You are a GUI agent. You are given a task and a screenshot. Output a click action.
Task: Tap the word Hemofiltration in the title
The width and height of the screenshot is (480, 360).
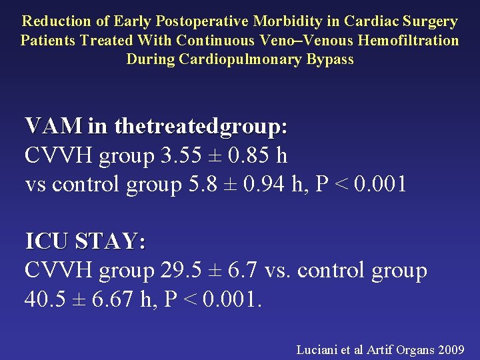409,40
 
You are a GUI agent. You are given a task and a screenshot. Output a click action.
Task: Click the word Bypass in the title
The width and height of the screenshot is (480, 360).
330,59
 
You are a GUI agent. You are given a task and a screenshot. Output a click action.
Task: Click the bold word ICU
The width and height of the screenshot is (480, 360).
47,241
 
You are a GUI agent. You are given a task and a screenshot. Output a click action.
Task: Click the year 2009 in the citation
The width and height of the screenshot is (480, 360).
451,349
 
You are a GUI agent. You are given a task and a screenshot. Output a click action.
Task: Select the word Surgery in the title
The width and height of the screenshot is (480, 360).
433,21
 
